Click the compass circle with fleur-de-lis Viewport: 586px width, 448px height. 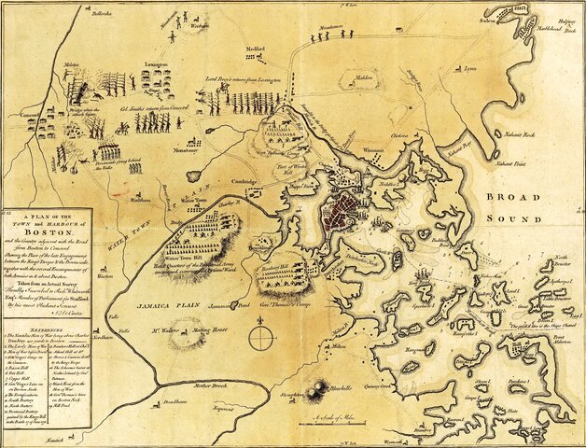(x=264, y=336)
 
